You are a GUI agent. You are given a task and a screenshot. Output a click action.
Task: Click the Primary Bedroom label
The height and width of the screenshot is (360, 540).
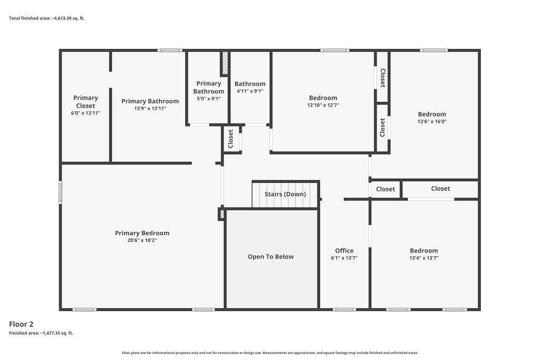[142, 233]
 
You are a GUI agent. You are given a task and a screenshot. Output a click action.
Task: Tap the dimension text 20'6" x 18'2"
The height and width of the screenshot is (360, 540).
[142, 240]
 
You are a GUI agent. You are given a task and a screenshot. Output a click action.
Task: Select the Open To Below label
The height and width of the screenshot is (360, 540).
[271, 257]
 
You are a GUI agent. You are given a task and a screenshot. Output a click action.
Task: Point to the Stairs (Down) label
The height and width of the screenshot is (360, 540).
[285, 194]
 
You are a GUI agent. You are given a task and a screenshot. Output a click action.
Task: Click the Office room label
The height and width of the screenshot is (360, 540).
[344, 250]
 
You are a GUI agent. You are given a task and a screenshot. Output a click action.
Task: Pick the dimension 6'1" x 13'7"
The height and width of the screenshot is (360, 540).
[344, 258]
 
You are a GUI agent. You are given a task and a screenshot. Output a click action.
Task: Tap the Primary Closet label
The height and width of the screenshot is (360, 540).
[85, 102]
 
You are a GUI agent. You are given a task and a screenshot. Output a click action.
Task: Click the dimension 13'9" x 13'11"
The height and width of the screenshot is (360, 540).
[150, 109]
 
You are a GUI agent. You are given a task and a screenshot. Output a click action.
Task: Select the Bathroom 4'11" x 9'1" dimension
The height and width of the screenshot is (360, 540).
[250, 91]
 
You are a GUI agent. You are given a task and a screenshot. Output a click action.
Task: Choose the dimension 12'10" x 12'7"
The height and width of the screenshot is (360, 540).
[323, 105]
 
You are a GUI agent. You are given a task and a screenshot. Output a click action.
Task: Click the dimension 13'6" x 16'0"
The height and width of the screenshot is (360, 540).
[432, 121]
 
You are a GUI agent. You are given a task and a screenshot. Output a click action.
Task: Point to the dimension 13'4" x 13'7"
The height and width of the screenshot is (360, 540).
[423, 258]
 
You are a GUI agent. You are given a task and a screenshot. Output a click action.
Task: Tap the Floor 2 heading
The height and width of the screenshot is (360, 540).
[21, 324]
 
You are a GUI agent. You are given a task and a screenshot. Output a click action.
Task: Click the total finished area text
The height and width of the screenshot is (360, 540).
[47, 18]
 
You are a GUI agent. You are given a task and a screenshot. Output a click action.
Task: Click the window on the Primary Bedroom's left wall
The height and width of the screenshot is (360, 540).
[60, 193]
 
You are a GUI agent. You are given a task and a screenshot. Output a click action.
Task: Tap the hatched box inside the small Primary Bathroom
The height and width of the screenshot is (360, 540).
[225, 63]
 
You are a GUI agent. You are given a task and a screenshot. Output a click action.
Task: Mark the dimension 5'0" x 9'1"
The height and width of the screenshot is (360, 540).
[209, 99]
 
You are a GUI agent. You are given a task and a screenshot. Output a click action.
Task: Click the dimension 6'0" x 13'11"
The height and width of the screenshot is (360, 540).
[85, 113]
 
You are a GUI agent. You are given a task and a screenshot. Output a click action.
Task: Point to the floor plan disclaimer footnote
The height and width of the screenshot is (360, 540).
[270, 353]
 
